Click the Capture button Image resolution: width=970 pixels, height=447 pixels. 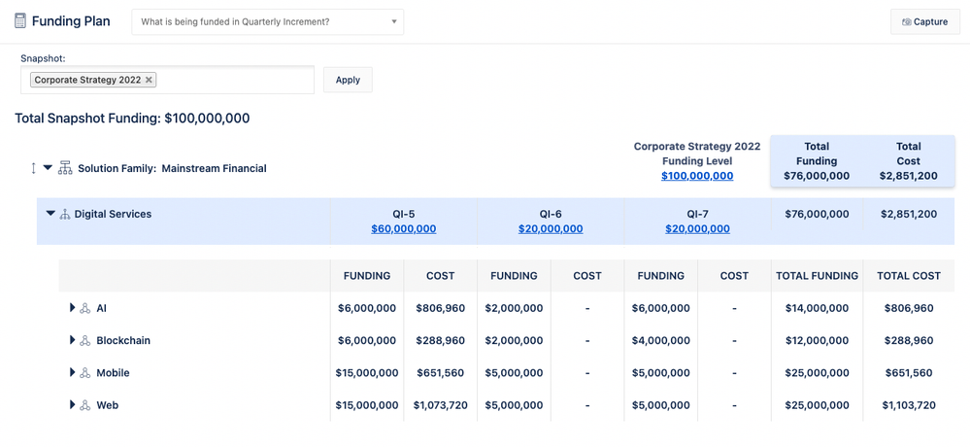coord(924,21)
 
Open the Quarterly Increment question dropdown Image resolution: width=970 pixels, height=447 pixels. coord(267,21)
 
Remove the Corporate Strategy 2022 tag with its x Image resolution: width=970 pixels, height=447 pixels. coord(149,80)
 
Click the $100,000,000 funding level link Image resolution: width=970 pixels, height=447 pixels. coord(697,176)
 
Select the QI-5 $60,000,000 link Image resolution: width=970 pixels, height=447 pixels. coord(403,229)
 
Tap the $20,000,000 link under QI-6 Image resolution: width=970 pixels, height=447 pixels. coord(551,229)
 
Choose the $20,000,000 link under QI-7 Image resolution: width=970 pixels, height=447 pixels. coord(697,229)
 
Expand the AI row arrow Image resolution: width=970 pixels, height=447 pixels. coord(72,308)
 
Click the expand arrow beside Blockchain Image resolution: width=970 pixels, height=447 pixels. coord(72,340)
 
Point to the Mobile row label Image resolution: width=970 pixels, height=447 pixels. coord(113,373)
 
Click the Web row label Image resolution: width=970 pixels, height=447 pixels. coord(107,405)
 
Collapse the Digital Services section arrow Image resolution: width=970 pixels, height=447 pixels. coord(50,214)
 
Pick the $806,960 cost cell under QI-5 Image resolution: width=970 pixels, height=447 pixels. coord(440,308)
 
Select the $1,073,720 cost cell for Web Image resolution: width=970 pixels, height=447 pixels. coord(440,405)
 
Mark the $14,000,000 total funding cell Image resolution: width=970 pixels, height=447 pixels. coord(817,308)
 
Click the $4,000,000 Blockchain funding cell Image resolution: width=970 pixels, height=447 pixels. coord(660,340)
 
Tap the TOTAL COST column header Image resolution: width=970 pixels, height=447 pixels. coord(908,276)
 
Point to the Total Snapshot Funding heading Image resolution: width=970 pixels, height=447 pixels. coord(132,119)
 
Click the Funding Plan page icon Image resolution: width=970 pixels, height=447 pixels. coord(20,21)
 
